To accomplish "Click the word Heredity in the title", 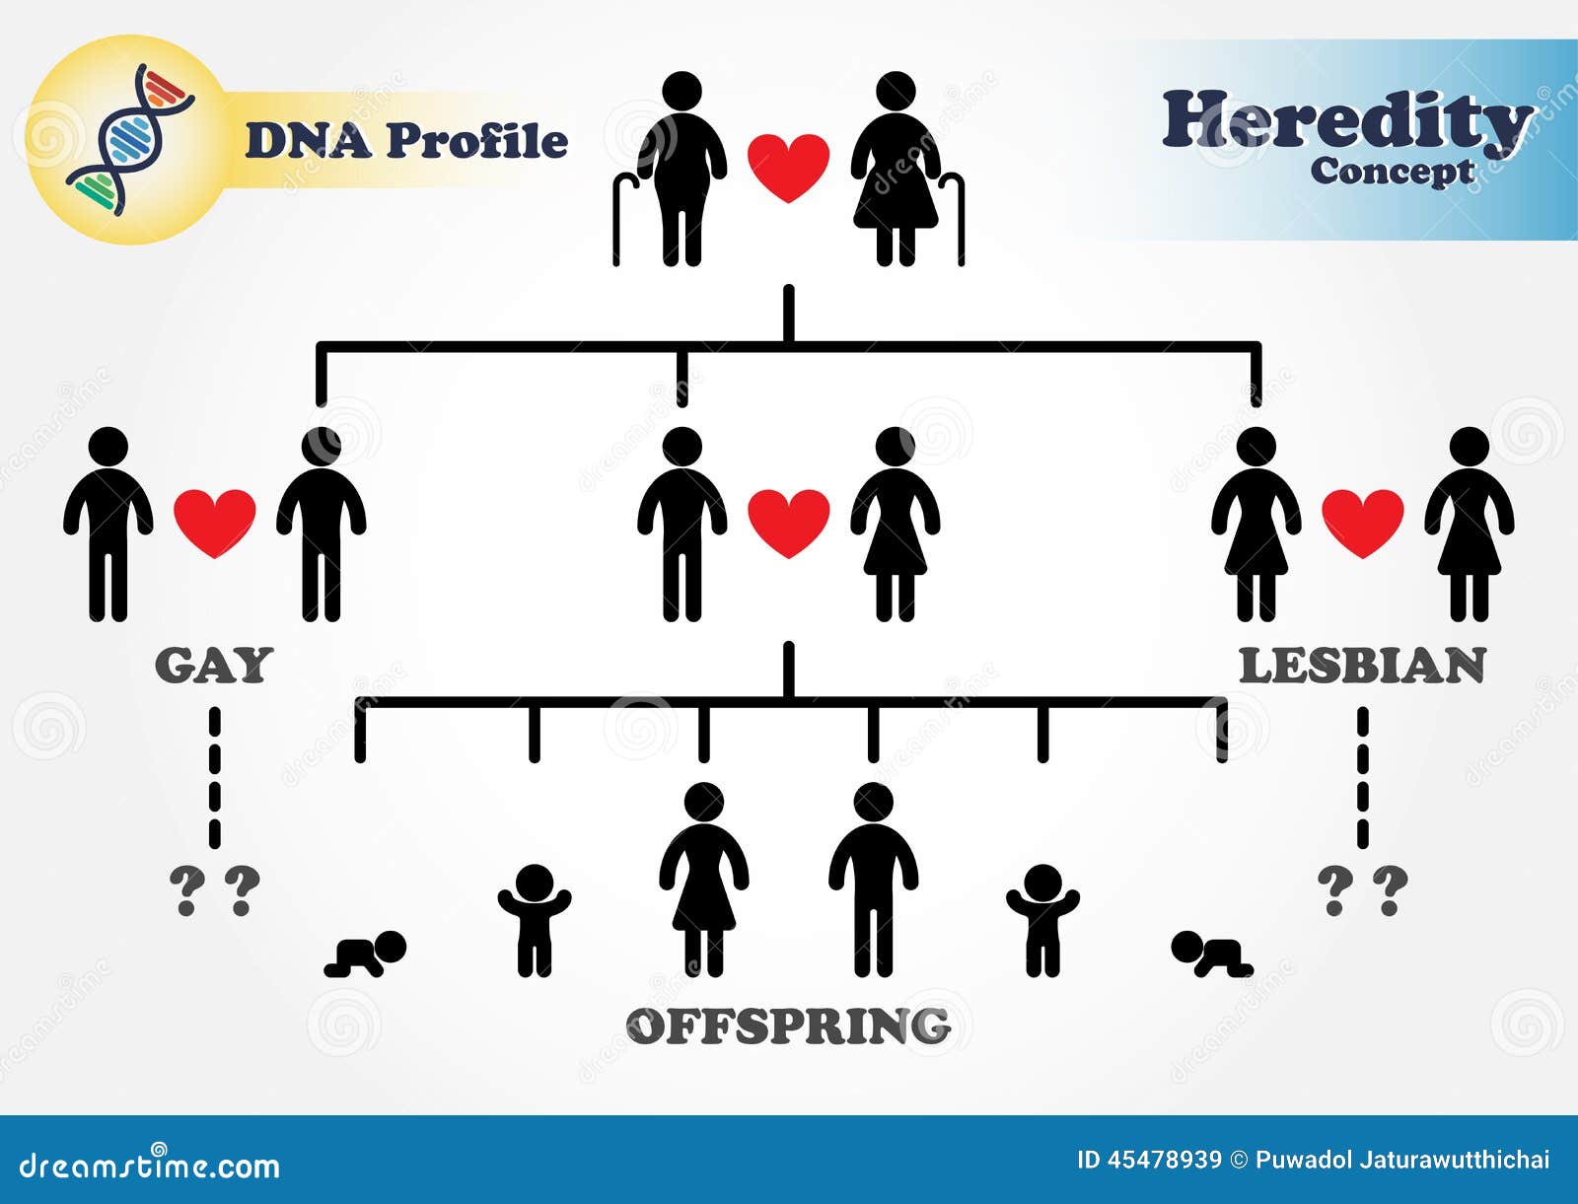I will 1347,120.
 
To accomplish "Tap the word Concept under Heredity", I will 1392,172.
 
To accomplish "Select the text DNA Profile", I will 406,141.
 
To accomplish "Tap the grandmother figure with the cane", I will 896,168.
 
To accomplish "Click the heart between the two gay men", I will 215,522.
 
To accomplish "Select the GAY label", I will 214,666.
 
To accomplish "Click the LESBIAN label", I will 1362,666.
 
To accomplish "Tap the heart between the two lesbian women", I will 1362,522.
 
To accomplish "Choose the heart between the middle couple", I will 788,522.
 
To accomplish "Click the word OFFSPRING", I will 788,1027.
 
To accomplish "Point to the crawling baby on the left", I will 367,955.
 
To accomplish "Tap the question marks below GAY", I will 214,890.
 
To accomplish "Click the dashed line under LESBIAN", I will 1363,779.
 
